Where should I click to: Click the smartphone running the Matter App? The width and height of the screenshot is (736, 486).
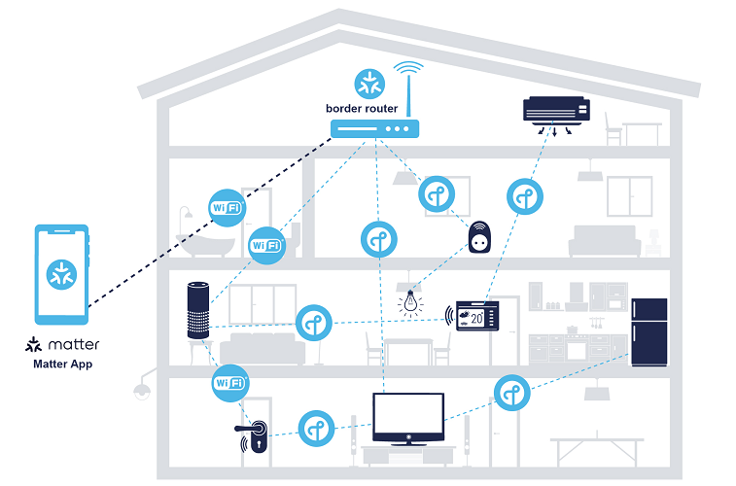point(61,274)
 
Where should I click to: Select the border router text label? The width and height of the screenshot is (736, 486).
point(362,108)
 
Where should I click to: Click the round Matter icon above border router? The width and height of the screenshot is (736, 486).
point(368,82)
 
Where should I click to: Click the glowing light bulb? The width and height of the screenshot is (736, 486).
point(412,301)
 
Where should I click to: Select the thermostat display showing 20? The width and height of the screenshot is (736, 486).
point(477,316)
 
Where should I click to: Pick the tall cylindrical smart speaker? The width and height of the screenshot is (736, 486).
point(198,311)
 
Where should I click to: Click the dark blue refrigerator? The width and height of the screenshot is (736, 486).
point(648,331)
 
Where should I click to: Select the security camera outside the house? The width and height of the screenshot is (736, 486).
point(141,386)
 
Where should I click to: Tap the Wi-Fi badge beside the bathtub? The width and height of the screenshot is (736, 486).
point(228,207)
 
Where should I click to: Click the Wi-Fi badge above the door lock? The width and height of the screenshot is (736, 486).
point(230,383)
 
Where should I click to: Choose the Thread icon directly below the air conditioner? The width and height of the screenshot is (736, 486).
point(526,196)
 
